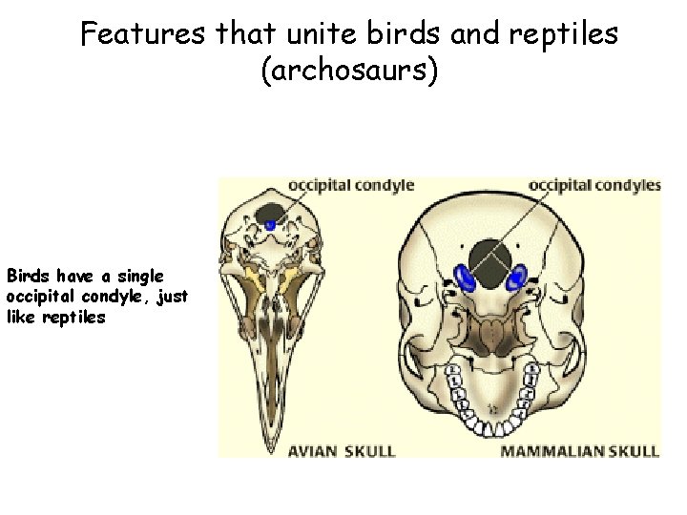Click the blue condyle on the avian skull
(x=270, y=225)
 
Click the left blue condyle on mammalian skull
(x=467, y=277)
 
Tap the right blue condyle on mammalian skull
(x=516, y=278)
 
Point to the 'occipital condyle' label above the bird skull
(x=351, y=185)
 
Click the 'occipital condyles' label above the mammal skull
(x=594, y=185)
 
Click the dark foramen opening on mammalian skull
(x=490, y=260)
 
